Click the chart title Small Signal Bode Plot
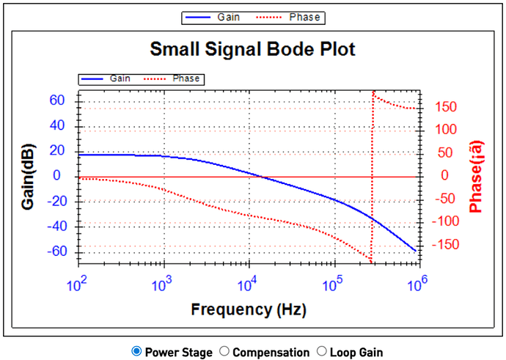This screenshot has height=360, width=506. point(252,50)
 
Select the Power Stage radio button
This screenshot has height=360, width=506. point(136,352)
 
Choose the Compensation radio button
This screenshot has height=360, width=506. point(225,352)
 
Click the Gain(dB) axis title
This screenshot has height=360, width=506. point(29,175)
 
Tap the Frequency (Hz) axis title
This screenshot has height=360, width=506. point(249,309)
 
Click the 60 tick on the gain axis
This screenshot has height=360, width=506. point(57,100)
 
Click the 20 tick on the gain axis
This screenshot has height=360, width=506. point(57,150)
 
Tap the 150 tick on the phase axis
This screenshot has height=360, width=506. point(444,107)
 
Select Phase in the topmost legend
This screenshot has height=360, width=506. point(303,16)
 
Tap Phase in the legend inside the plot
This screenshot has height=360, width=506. point(184,78)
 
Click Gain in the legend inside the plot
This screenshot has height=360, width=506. point(120,78)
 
